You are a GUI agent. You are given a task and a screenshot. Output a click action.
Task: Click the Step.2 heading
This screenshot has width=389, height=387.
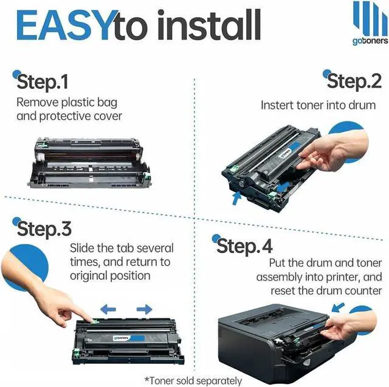pyautogui.click(x=354, y=80)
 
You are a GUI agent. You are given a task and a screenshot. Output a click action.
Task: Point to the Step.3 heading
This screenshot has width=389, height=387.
pyautogui.click(x=44, y=229)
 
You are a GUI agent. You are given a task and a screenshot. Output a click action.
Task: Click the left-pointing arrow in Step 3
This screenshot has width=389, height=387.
pyautogui.click(x=108, y=309)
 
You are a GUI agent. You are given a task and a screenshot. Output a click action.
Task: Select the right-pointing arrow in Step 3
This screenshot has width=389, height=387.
pyautogui.click(x=144, y=309)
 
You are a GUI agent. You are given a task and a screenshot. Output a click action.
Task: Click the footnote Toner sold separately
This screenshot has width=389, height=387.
pyautogui.click(x=193, y=381)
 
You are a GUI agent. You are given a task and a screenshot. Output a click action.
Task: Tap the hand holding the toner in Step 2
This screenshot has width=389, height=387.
pyautogui.click(x=337, y=152)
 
